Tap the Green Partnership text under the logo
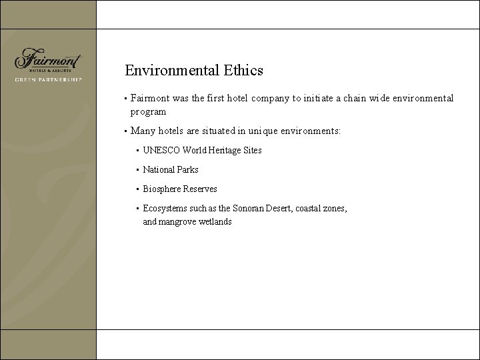[x=48, y=79]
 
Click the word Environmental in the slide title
[x=165, y=69]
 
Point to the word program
[x=148, y=112]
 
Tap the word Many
[x=143, y=131]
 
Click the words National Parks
[x=171, y=170]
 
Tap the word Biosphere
[x=161, y=189]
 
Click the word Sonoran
[x=250, y=209]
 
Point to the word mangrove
[x=179, y=222]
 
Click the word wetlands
[x=215, y=222]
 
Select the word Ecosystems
[x=164, y=209]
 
